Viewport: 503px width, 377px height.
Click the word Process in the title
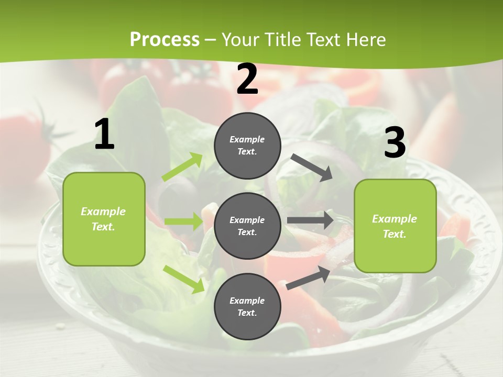pos(165,39)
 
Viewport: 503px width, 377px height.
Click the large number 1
pos(104,135)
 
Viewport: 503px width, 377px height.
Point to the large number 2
pos(247,80)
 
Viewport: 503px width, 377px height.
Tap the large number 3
pos(395,143)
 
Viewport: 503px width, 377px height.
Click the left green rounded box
pos(104,219)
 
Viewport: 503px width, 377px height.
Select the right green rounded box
pos(395,226)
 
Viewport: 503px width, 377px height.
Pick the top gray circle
pos(247,146)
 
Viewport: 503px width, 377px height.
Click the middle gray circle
pos(247,226)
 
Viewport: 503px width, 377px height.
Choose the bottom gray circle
pos(247,306)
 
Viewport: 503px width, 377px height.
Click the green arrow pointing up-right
pos(182,167)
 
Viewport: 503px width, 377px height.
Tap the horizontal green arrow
pos(183,221)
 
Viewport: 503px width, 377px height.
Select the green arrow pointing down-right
pos(183,279)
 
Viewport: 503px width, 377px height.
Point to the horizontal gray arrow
pos(310,220)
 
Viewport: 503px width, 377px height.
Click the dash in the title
pos(211,40)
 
